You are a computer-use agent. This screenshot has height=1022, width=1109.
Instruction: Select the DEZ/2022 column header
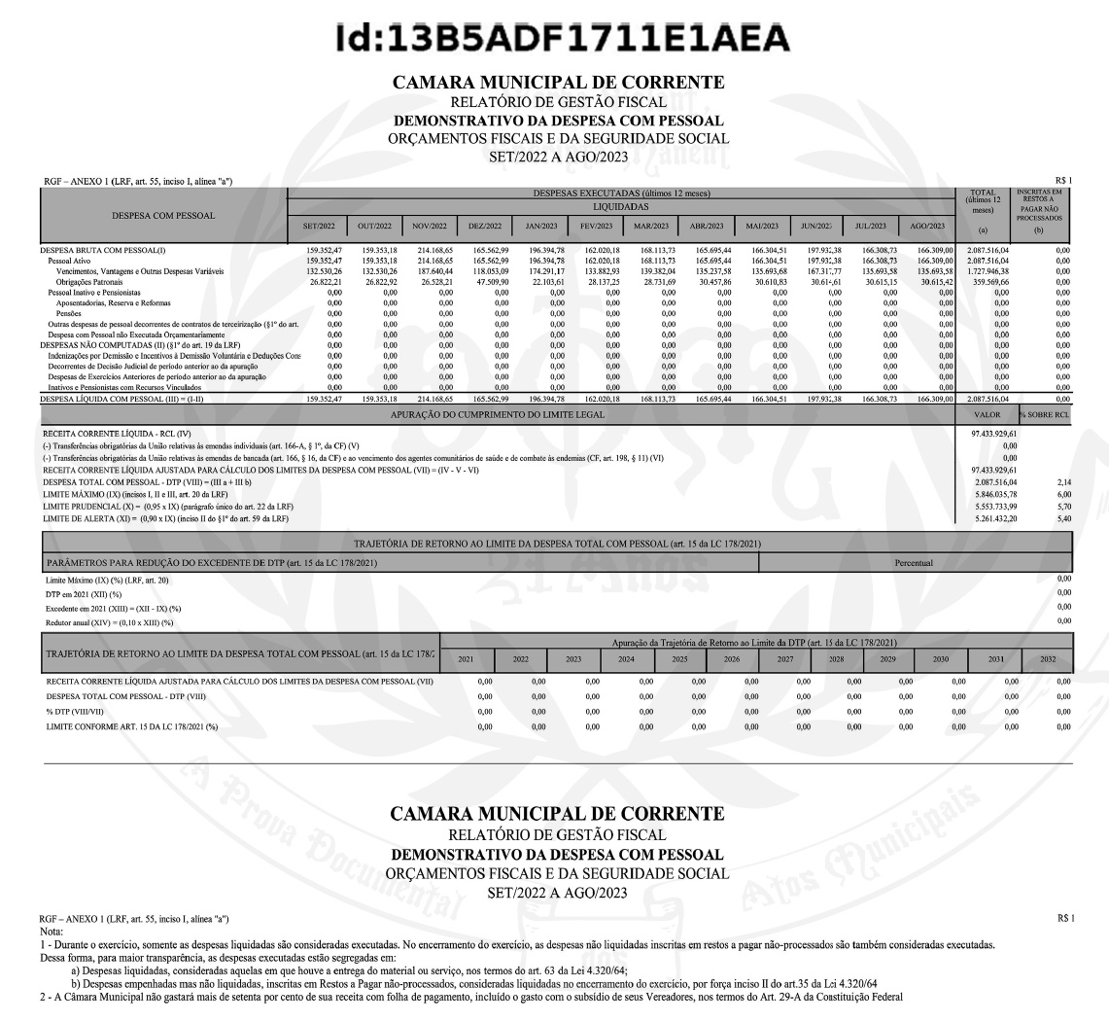click(x=484, y=226)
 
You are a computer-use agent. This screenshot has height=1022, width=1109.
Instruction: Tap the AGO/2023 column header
click(x=926, y=226)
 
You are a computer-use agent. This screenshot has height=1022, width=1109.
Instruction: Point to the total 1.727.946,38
click(x=983, y=271)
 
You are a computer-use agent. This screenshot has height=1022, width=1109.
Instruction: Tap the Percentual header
click(x=915, y=562)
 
